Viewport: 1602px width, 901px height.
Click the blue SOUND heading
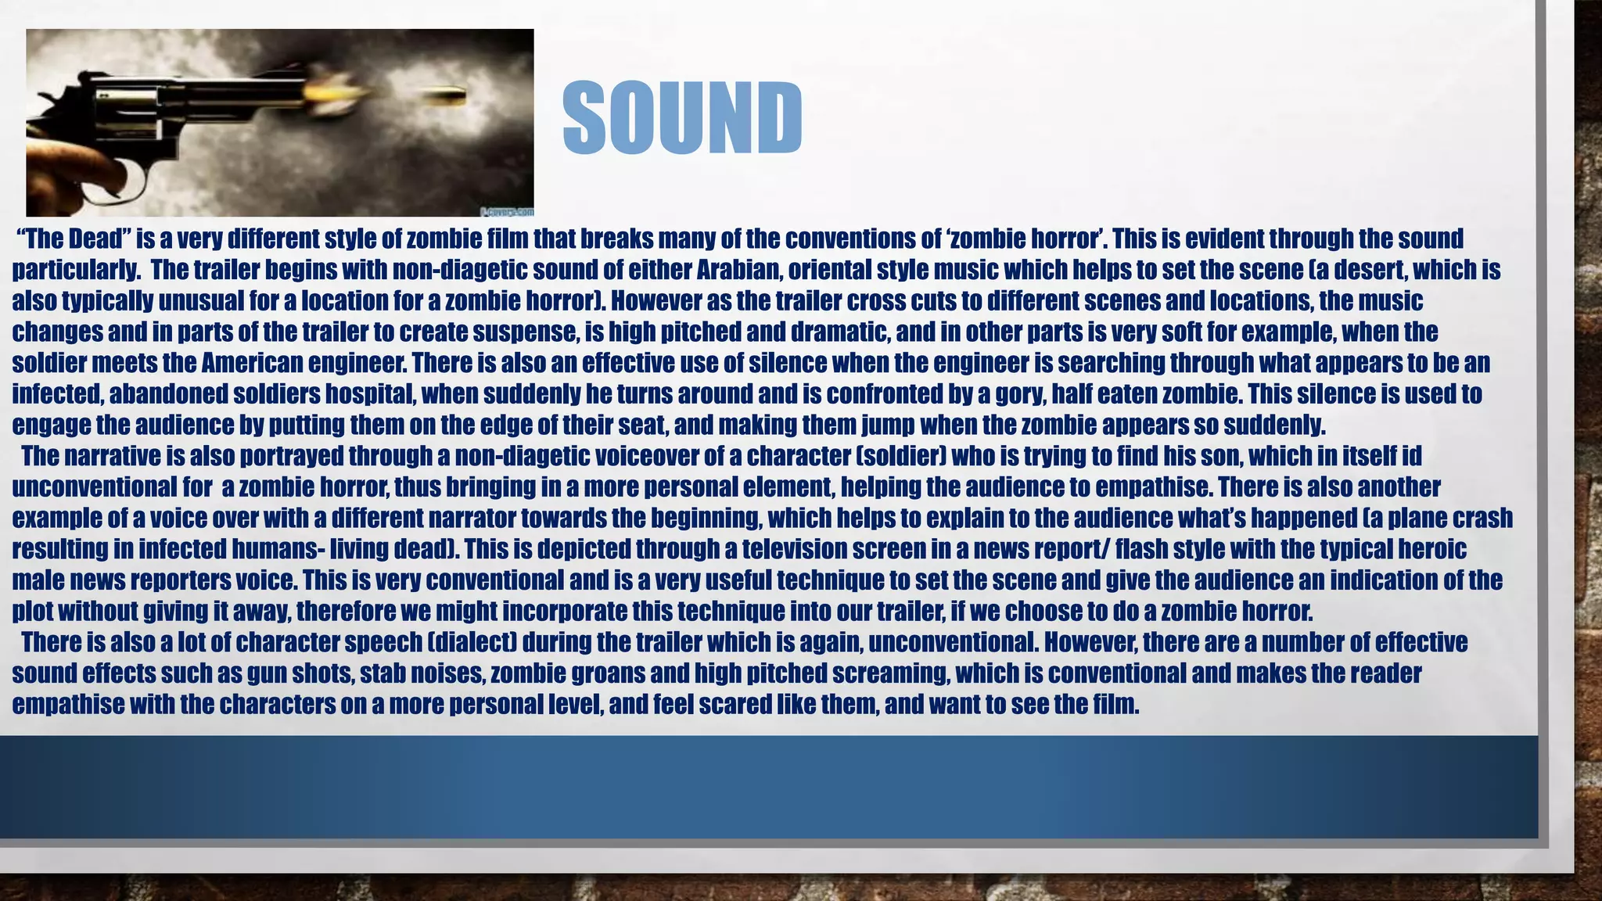click(682, 118)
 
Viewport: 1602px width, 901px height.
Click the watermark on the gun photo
click(506, 211)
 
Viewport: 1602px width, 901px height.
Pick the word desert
click(1371, 270)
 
